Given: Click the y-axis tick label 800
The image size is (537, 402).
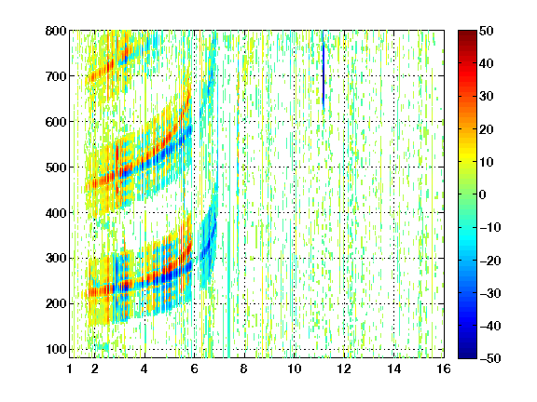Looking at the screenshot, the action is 56,31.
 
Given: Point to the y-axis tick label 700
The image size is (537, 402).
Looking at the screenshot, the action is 56,76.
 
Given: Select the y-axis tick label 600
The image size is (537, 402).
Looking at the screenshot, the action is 56,122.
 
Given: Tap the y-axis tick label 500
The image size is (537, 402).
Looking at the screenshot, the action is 56,167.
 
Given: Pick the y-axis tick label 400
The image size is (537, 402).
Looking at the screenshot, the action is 56,213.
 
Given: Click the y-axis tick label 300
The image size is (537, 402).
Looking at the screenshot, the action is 56,258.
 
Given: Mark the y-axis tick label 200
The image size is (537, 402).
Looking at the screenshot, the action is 56,303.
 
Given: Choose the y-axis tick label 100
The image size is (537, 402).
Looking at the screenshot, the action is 56,349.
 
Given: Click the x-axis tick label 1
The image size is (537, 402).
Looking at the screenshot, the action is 70,368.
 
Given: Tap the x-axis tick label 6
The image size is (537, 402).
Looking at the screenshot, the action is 194,368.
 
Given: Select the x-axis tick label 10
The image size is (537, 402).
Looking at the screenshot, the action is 295,368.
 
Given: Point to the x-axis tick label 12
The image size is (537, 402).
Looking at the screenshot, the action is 344,368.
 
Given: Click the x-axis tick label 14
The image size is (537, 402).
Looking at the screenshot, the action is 394,368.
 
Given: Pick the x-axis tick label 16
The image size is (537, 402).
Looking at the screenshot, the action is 444,368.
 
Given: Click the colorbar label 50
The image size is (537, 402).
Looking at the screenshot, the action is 487,31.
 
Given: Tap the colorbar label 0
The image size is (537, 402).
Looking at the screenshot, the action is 483,194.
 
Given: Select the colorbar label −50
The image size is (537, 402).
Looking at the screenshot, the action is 490,358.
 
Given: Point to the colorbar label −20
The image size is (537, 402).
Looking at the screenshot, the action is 490,261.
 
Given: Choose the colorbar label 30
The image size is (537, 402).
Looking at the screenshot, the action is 487,97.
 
